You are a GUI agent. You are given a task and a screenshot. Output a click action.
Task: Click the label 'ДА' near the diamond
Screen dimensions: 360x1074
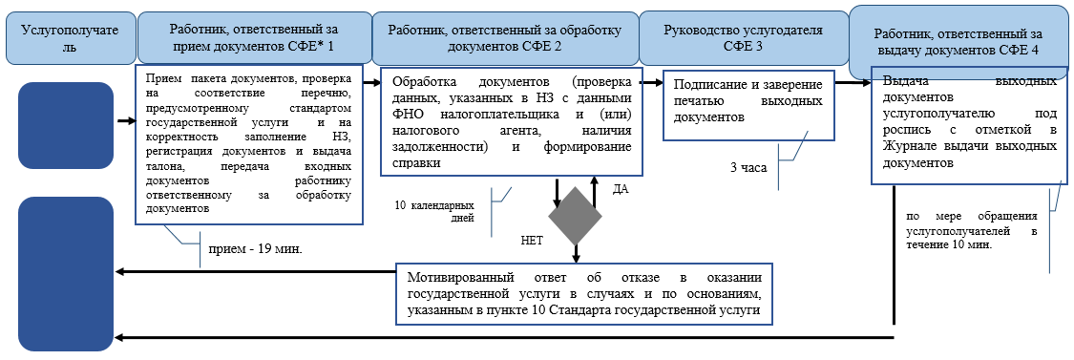coord(620,190)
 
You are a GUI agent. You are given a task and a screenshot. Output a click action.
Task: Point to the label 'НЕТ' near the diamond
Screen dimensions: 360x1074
coord(532,242)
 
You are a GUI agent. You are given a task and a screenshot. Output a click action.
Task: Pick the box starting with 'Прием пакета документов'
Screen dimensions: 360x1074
coord(249,143)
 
